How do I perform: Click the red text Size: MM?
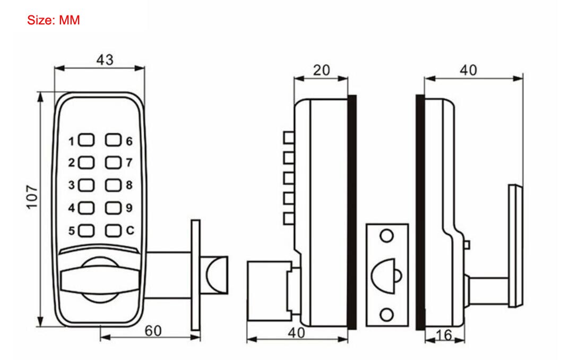tap(53, 21)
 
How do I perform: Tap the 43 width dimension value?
tap(105, 59)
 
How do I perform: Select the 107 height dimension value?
tap(32, 198)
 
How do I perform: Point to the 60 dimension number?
tap(153, 330)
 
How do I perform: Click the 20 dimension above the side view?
tap(321, 70)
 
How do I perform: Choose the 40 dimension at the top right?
tap(468, 70)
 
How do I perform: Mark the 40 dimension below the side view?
tap(297, 333)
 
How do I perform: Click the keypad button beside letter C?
tap(114, 230)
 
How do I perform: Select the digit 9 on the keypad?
tap(129, 208)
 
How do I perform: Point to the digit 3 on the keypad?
tap(71, 185)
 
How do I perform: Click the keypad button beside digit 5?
tap(88, 230)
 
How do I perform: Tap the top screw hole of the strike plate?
tap(387, 236)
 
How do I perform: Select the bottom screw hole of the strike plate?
tap(387, 313)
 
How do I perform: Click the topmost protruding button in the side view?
tap(289, 138)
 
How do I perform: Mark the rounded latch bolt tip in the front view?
tap(218, 274)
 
